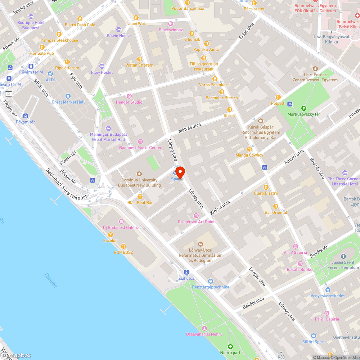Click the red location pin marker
point(180,172)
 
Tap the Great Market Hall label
point(68,102)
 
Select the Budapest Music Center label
point(140,148)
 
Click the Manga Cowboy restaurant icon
point(249,149)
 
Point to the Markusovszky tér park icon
point(303,108)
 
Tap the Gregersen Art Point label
point(196,222)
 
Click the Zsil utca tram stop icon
point(186,272)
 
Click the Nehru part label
point(230,353)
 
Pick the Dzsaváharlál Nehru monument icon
point(204,328)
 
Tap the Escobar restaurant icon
point(111,234)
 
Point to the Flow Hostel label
point(102,72)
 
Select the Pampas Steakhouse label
point(59,40)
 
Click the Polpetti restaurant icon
point(278,97)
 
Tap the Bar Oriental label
point(276,212)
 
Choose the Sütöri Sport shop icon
point(313,336)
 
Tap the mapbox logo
point(16,355)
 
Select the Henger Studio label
point(129,102)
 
